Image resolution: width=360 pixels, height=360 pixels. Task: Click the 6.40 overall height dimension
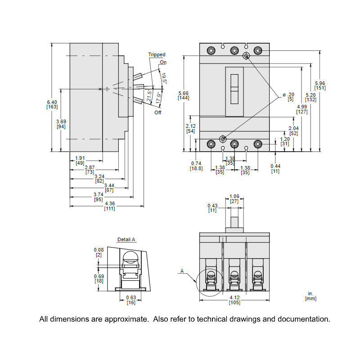click(x=52, y=105)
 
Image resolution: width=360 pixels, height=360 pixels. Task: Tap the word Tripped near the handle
click(x=157, y=55)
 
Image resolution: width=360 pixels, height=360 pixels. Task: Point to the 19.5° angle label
click(x=164, y=79)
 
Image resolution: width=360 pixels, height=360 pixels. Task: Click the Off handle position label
click(x=157, y=112)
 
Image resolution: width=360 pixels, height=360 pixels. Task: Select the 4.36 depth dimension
click(x=109, y=206)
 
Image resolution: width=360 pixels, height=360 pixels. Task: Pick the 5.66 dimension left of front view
click(x=183, y=95)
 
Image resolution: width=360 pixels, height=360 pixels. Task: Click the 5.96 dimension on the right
click(x=320, y=85)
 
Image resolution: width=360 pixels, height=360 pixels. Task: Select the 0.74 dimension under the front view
click(x=196, y=166)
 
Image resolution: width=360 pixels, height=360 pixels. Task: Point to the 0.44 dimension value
click(x=275, y=168)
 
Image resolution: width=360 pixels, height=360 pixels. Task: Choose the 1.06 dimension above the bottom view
click(x=234, y=199)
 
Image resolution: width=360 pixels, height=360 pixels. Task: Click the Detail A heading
click(x=126, y=240)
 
